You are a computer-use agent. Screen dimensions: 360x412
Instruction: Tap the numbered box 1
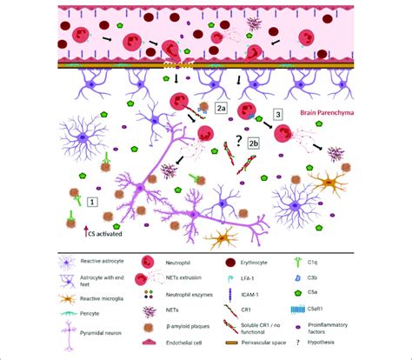(93, 200)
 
